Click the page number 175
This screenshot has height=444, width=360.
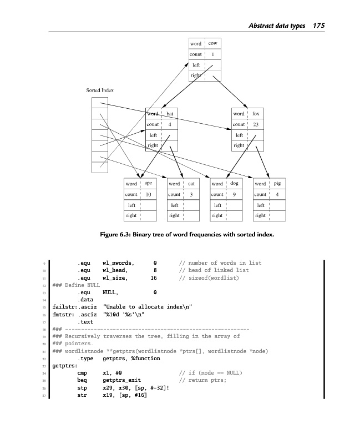(x=318, y=26)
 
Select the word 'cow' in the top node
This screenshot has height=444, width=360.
(x=212, y=43)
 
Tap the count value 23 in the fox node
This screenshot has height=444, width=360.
(x=255, y=124)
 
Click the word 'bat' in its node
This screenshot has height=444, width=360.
(x=170, y=114)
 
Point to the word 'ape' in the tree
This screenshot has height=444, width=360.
(x=148, y=183)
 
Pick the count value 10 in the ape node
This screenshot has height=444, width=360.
(x=148, y=194)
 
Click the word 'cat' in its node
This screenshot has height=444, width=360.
(x=191, y=183)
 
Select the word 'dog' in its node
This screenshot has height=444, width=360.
(x=234, y=183)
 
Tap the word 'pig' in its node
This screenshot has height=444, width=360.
(x=277, y=183)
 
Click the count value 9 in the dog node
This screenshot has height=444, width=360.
(x=234, y=194)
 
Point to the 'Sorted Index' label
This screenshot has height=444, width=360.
(x=100, y=89)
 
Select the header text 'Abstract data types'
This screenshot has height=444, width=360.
(x=277, y=26)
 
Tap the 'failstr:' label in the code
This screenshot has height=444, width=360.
(x=63, y=306)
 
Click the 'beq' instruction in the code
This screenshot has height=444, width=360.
(x=82, y=380)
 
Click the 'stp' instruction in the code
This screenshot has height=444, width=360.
(x=82, y=387)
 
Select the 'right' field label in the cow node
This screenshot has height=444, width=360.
(x=196, y=75)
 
